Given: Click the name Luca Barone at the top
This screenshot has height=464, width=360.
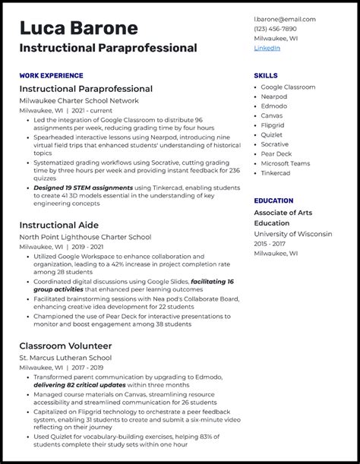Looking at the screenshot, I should click(x=79, y=28).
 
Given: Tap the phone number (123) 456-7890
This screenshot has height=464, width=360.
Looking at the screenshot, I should click(x=275, y=29).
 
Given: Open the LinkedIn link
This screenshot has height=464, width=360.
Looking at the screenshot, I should click(x=267, y=48).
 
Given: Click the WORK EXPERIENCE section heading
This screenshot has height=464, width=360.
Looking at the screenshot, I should click(x=52, y=76).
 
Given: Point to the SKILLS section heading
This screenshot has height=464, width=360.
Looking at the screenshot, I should click(x=266, y=76).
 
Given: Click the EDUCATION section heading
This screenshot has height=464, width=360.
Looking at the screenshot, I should click(x=273, y=200).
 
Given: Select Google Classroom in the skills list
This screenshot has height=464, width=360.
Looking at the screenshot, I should click(x=288, y=87).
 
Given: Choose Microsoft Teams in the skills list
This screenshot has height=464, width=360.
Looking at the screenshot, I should click(x=286, y=163).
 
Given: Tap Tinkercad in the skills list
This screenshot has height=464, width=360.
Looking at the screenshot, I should click(x=276, y=172).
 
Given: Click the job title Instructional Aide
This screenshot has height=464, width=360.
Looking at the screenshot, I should click(x=63, y=226).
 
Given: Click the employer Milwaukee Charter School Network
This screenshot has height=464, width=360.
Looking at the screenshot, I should click(x=79, y=100).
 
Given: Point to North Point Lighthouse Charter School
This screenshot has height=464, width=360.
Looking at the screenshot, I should click(x=85, y=237).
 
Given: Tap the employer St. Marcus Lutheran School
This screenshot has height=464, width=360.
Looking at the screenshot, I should click(x=65, y=357).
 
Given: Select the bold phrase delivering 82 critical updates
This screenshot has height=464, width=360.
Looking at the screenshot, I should click(x=80, y=385).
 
